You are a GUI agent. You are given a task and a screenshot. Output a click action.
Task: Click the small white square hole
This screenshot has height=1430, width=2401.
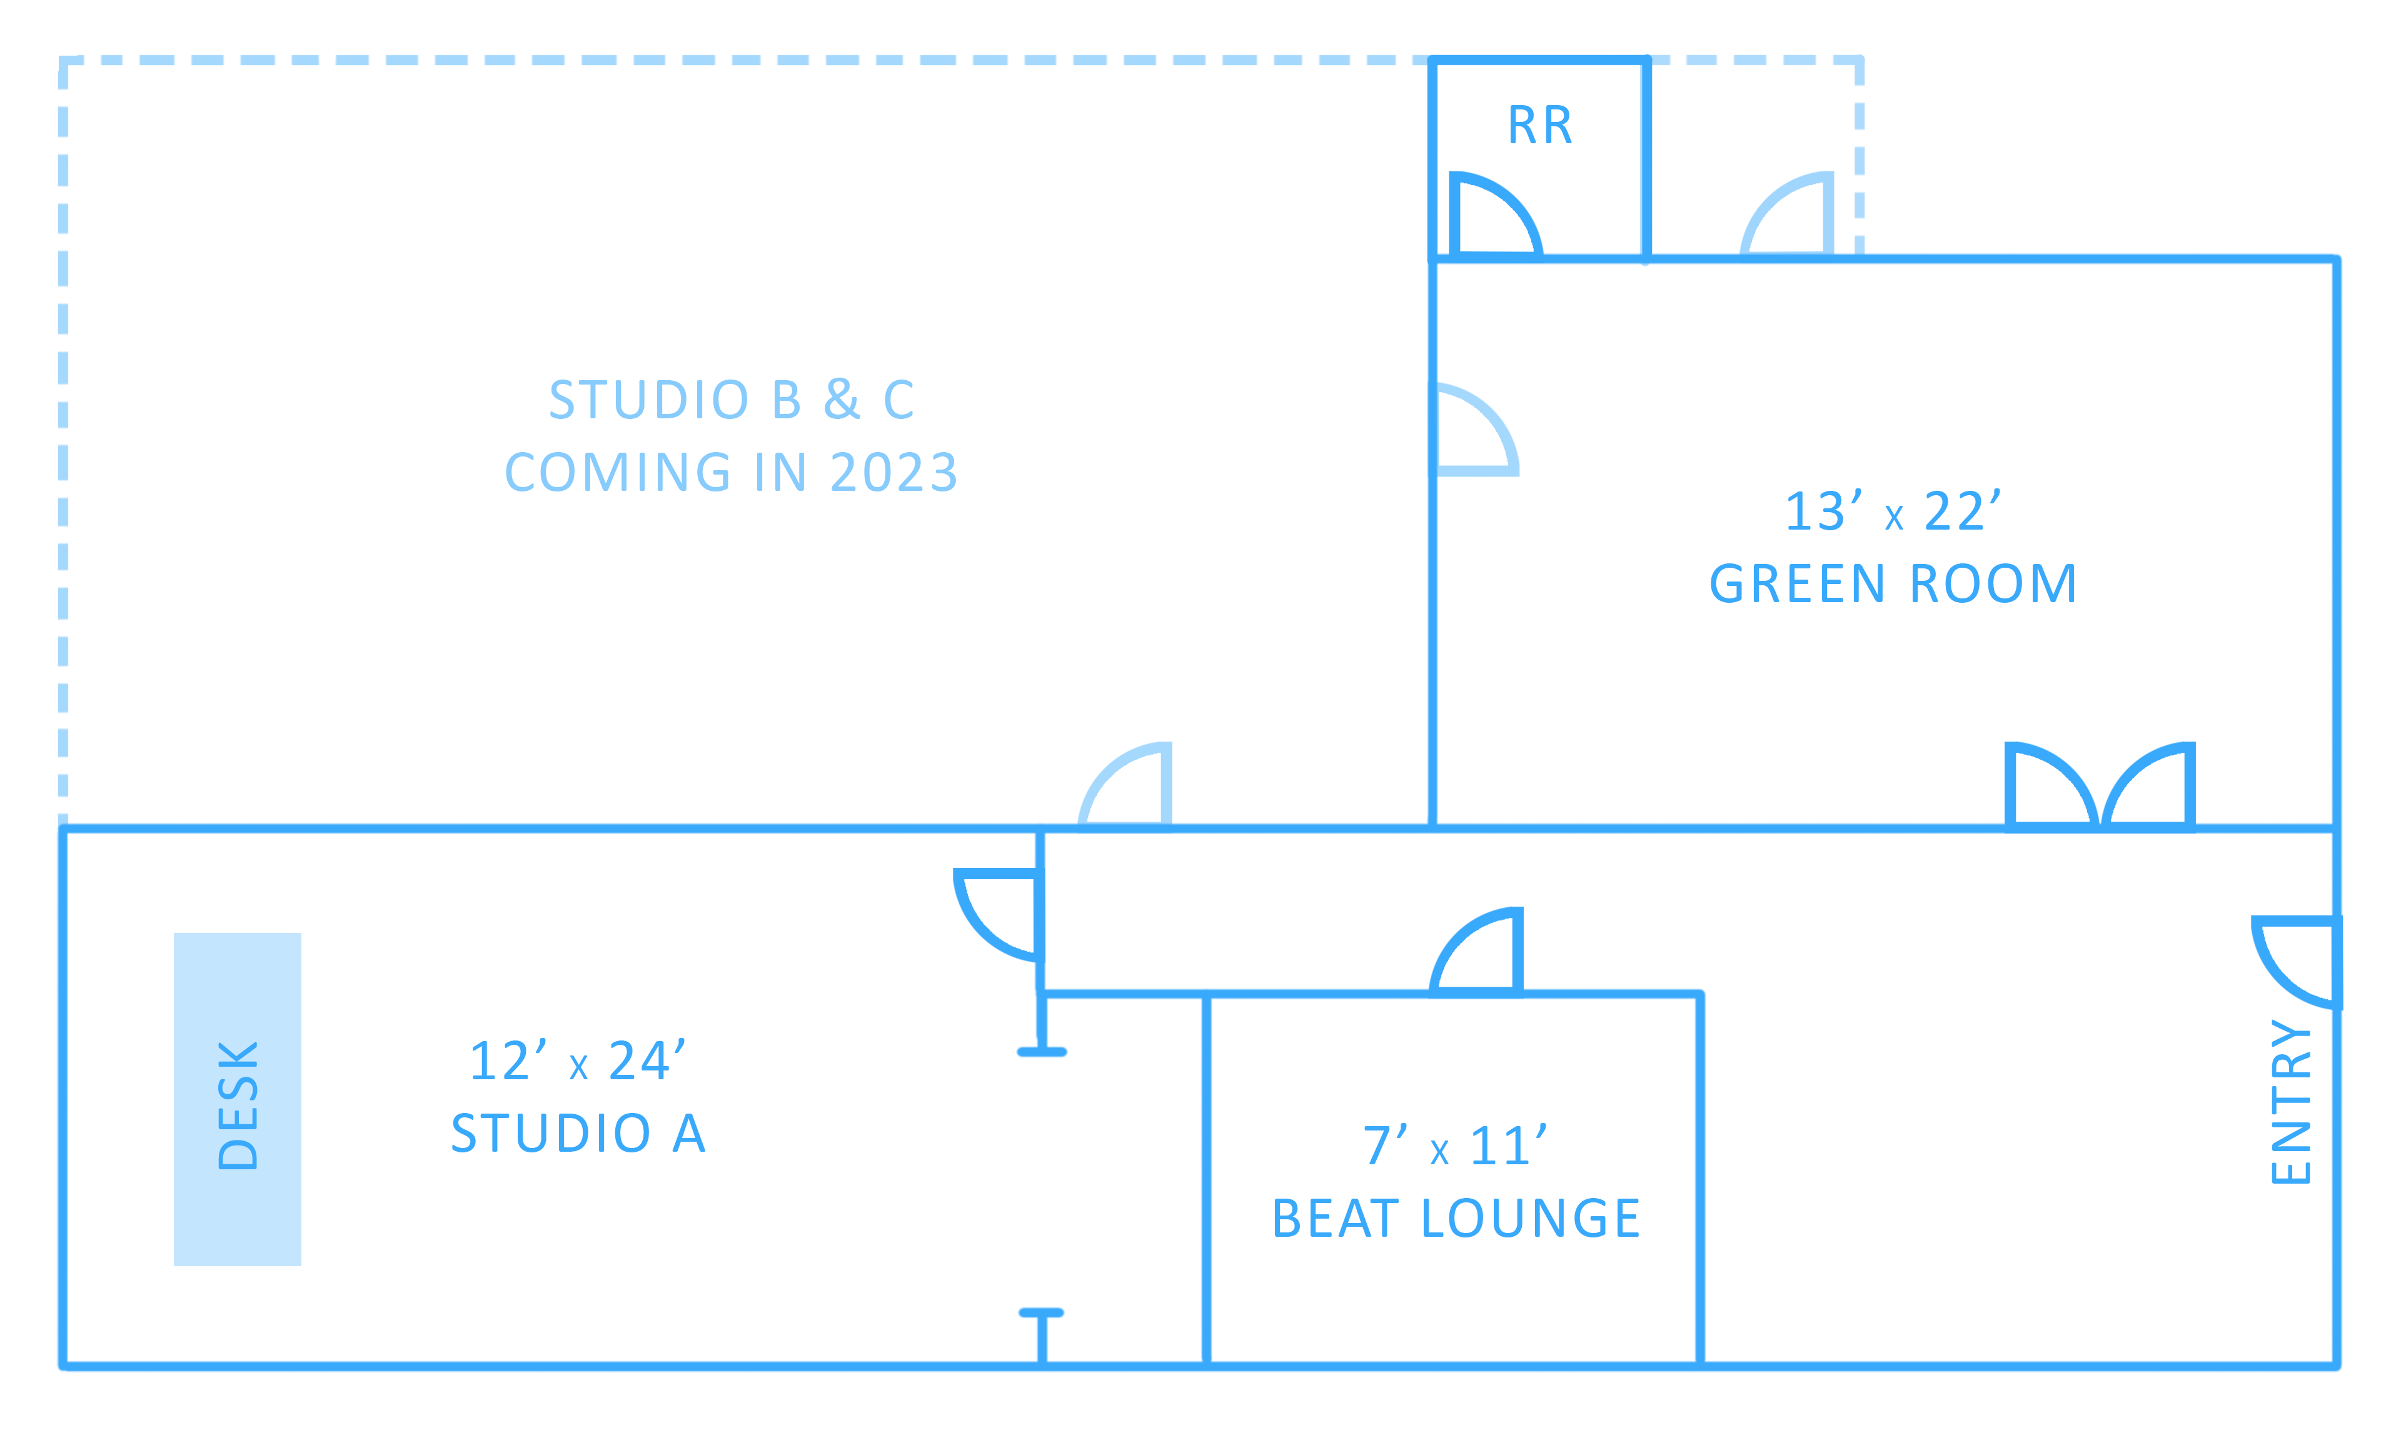tap(805, 1001)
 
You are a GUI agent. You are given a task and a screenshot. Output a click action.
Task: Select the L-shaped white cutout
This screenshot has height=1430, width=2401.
tap(1264, 385)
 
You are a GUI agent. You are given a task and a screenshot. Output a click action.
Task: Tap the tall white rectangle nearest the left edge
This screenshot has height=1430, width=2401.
tap(345, 445)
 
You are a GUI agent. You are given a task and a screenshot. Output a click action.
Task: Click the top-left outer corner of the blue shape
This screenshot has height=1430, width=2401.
tap(57, 53)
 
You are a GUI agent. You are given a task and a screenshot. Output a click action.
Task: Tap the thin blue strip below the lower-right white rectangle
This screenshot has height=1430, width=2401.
tap(1955, 1354)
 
